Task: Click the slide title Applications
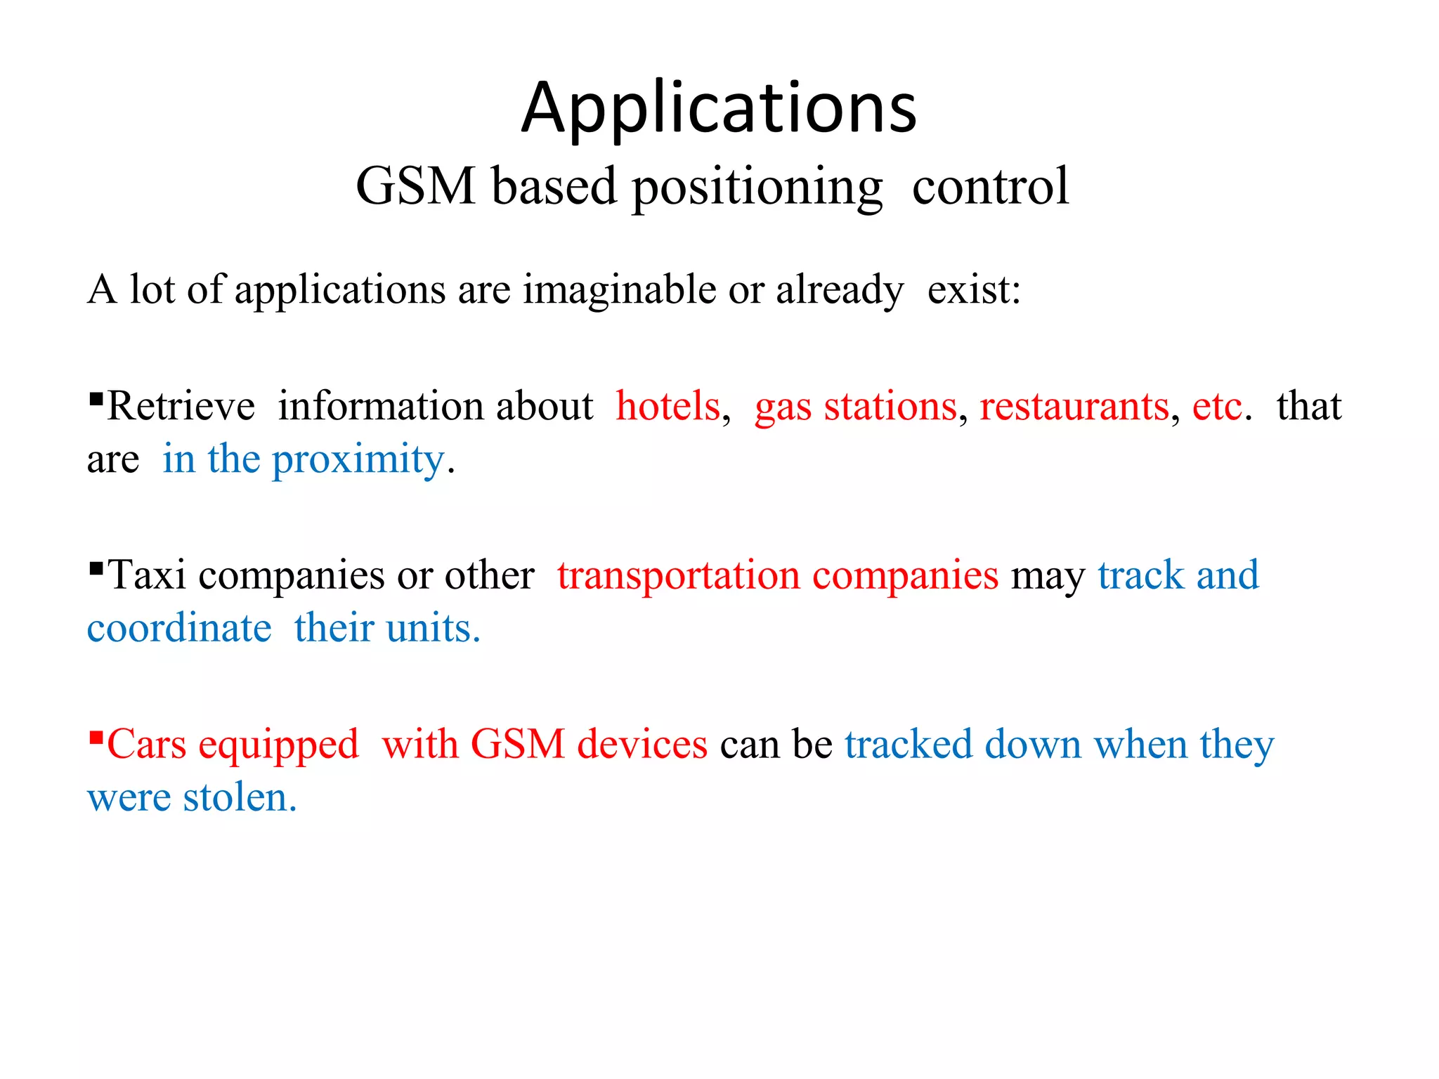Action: [x=719, y=109]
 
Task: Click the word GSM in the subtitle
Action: [x=416, y=186]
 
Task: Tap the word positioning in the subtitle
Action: [x=757, y=188]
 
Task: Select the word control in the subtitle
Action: [x=990, y=186]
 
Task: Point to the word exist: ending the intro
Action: [x=974, y=289]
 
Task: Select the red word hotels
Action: [x=668, y=407]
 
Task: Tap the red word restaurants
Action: [x=1074, y=407]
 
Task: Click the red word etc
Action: [x=1218, y=407]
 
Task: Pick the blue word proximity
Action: [x=358, y=462]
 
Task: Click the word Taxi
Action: [x=147, y=575]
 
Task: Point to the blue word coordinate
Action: [x=179, y=628]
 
